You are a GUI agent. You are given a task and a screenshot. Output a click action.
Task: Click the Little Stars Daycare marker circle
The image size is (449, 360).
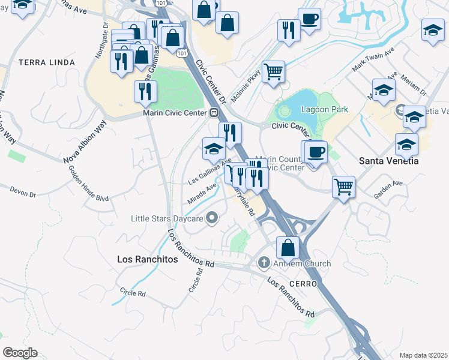point(211,218)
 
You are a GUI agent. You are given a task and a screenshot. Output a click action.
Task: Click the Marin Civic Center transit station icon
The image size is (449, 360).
point(214,112)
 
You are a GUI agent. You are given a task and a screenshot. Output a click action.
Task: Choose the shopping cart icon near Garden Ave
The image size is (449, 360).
point(343,186)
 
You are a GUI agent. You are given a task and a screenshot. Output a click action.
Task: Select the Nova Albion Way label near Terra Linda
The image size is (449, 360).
point(85,142)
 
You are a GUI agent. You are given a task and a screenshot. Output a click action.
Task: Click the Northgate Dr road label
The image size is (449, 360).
point(100,41)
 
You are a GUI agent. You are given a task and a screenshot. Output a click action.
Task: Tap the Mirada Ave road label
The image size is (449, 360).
point(203,193)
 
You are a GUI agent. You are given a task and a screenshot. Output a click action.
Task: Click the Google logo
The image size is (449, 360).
point(20,353)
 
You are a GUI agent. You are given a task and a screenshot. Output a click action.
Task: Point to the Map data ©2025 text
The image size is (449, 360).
point(423,355)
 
